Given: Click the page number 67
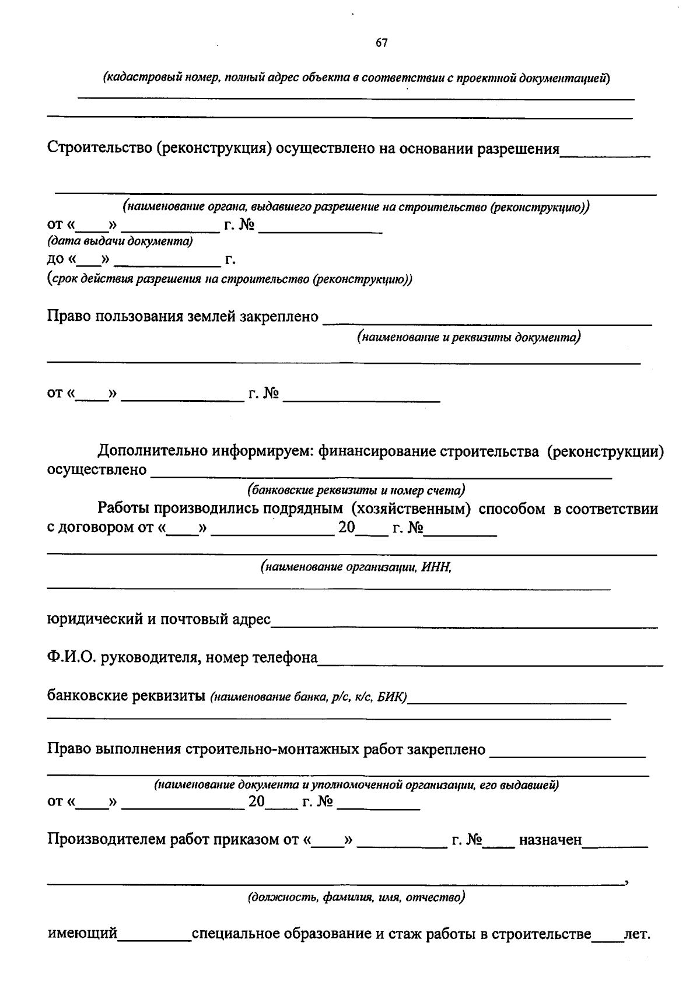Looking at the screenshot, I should click(381, 43).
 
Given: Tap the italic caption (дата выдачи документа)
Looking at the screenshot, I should click(120, 241).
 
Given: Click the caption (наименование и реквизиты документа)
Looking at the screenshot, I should click(469, 337).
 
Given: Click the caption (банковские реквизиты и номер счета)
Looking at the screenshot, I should click(356, 490).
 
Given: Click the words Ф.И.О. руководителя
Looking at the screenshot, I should click(121, 658).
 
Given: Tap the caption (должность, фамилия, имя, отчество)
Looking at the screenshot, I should click(356, 897).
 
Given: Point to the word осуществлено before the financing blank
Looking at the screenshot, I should click(96, 470).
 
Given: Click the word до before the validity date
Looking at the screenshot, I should click(56, 260).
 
